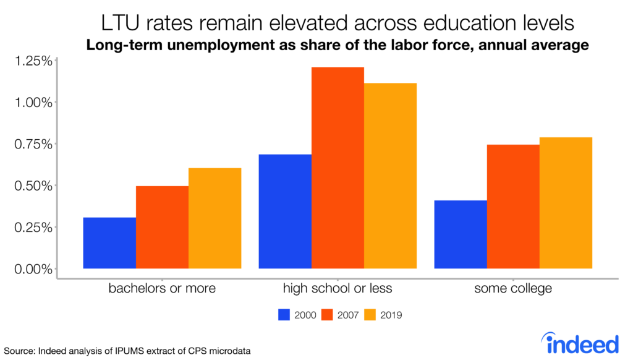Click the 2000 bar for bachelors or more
109,243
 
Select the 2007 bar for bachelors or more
162,227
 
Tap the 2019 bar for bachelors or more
215,218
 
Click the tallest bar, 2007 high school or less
338,168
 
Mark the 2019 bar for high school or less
390,176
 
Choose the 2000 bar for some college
461,234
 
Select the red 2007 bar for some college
513,207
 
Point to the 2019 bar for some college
566,203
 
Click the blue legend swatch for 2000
284,315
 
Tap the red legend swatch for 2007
328,315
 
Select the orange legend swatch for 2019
371,315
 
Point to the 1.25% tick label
34,61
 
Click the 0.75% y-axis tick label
34,144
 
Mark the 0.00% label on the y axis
34,269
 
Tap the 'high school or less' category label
338,288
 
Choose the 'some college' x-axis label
513,288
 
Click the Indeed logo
579,342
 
